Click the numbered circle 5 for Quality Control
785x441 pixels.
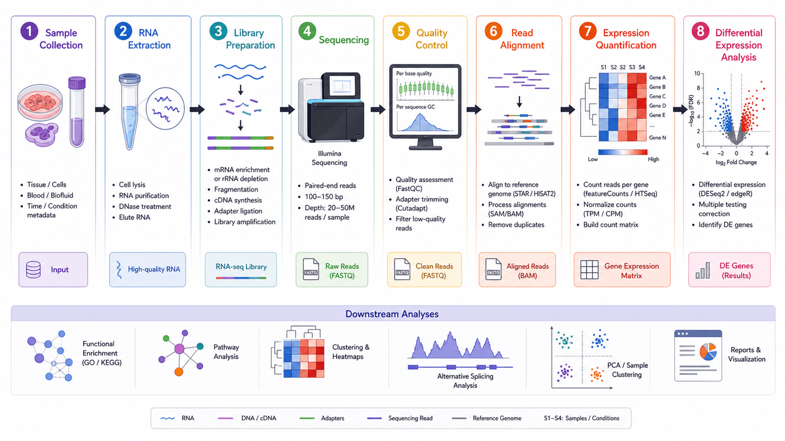point(401,31)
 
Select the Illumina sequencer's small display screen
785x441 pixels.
point(342,85)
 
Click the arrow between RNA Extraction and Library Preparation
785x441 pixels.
point(197,110)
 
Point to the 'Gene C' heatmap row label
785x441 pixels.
point(657,96)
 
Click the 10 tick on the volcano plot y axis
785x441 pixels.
point(697,73)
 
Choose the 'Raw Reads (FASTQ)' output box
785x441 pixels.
point(332,269)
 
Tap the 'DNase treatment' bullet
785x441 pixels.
point(145,207)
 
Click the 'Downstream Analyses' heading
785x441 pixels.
point(392,314)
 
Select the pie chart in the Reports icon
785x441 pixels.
point(708,351)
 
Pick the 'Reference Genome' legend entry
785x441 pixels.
point(486,418)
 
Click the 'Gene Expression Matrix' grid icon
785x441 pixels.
point(590,269)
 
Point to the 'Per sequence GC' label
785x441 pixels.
point(415,107)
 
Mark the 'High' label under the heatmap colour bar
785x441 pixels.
point(654,159)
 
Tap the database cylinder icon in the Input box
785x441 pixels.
point(33,269)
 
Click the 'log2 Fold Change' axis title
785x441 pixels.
point(736,162)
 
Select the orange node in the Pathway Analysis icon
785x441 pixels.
point(179,371)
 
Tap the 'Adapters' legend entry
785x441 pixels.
point(322,418)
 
